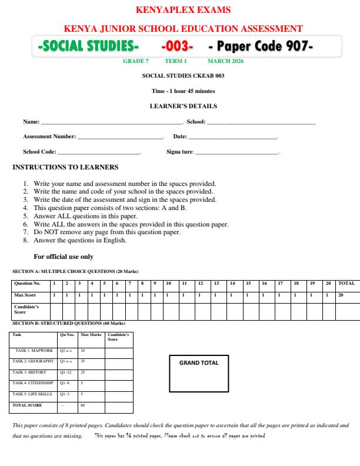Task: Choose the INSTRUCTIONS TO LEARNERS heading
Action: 65,168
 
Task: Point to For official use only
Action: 64,257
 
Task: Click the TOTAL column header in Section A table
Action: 346,283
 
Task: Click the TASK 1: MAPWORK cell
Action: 34,350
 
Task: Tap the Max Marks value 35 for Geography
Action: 83,361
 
